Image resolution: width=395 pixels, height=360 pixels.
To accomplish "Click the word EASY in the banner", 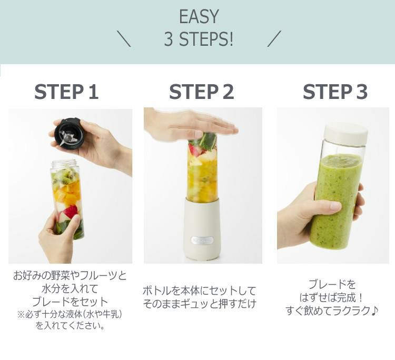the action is pos(199,17).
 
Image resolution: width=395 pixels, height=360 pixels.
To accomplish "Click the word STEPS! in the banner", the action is pos(206,39).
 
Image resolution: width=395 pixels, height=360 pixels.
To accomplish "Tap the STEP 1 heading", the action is pos(66,92).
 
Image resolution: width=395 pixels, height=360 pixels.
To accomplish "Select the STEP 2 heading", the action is pos(202,92).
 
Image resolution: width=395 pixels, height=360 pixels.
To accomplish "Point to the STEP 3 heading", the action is pos(335,92).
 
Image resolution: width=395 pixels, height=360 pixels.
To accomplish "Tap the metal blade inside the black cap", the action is pos(66,137).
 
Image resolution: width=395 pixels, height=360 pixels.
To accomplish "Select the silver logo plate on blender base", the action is pos(202,240).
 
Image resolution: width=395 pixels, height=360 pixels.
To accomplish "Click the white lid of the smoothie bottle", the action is pos(347,133).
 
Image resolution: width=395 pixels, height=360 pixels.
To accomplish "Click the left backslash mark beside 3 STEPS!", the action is pos(123,39).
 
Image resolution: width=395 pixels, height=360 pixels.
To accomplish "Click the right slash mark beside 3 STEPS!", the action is pos(274,39).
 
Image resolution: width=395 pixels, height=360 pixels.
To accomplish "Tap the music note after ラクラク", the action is pos(374,311).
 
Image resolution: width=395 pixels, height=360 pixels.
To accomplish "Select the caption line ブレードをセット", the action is pos(70,302).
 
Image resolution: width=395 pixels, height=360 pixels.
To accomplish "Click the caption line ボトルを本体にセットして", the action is pos(200,291).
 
